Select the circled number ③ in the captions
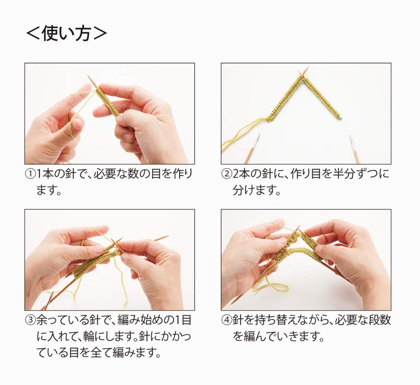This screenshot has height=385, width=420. [x=30, y=320]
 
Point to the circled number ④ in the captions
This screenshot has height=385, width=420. [x=226, y=320]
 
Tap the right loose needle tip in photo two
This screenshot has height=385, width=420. [x=352, y=140]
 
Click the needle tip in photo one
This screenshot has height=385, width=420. [x=90, y=78]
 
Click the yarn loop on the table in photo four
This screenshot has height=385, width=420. [x=271, y=288]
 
